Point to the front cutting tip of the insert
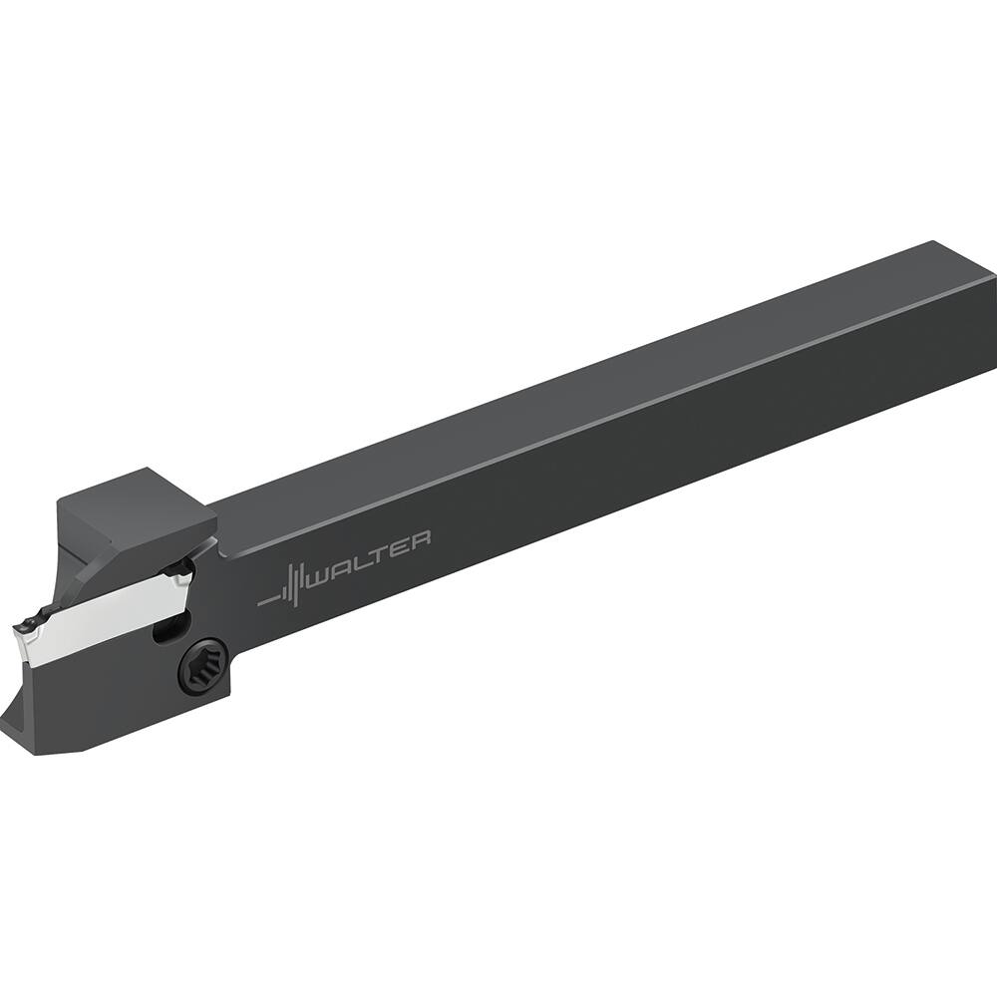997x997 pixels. pyautogui.click(x=22, y=630)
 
